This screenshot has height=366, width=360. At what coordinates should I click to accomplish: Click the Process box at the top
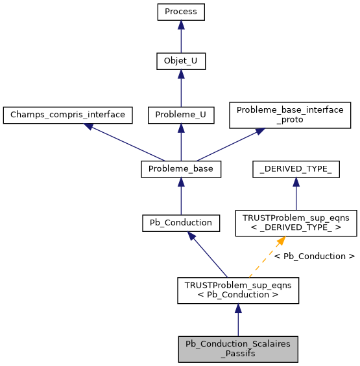181,11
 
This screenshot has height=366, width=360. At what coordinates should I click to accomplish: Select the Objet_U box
181,62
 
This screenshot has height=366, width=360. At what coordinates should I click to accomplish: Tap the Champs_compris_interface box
67,115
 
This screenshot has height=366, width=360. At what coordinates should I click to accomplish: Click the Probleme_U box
181,115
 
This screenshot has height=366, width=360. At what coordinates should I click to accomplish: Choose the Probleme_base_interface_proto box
289,115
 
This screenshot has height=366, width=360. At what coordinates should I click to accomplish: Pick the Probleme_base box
181,169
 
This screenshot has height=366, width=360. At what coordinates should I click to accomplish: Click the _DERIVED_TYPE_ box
296,169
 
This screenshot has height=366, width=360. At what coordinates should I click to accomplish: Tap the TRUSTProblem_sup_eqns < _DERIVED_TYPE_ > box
296,222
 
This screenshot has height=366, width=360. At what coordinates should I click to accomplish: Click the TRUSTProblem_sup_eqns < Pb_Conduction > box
238,290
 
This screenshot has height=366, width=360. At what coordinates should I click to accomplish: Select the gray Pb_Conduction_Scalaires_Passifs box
238,349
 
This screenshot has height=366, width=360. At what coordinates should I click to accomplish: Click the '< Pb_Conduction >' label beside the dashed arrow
314,257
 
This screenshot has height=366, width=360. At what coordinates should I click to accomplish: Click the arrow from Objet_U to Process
181,36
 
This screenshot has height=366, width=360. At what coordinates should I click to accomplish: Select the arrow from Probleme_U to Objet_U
181,89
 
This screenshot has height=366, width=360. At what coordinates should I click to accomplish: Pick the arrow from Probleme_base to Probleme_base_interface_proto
230,144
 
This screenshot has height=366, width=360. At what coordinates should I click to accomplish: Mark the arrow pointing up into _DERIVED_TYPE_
296,194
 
